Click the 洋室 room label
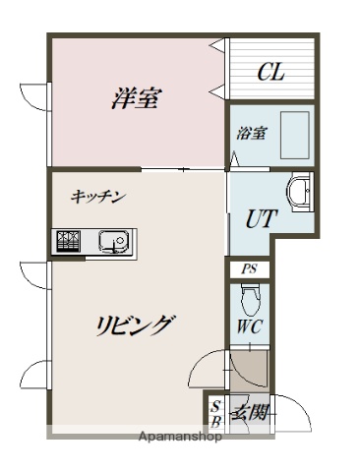coord(137,98)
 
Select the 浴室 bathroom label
coord(250,134)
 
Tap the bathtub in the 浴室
coord(293,134)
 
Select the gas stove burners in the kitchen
coord(70,239)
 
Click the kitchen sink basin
coord(110,239)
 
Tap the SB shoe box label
coord(215,413)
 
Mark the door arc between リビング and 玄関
coord(207,369)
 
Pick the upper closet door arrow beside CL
coord(215,46)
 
